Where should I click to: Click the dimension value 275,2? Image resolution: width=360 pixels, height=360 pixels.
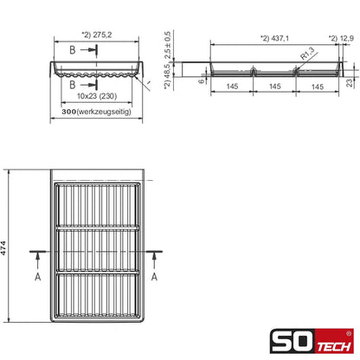102,35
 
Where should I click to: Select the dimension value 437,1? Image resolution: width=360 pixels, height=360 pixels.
279,38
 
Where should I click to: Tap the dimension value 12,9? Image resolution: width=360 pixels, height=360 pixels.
346,38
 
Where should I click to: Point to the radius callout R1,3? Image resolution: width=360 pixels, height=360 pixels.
307,54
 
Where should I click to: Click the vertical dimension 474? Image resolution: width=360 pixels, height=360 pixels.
3,247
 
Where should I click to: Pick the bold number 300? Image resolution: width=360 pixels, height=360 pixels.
69,112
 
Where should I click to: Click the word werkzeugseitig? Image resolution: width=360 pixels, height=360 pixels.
104,112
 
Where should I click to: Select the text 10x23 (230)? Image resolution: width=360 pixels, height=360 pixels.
97,96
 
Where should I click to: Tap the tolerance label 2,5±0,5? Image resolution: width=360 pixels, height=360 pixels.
167,45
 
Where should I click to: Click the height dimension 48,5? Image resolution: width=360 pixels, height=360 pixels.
167,72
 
